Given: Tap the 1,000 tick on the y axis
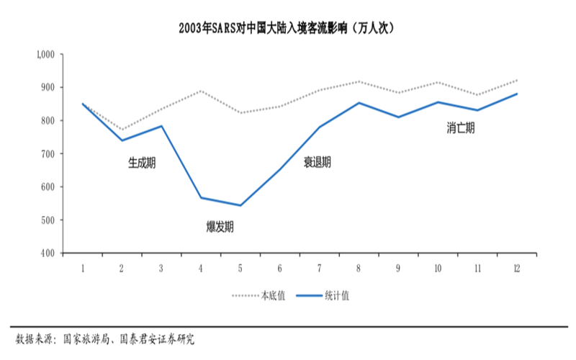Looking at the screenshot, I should pyautogui.click(x=46, y=54).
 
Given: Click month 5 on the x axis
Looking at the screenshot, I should pyautogui.click(x=240, y=268).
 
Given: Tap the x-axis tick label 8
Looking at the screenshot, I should pyautogui.click(x=359, y=268).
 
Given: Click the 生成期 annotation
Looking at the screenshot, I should pyautogui.click(x=142, y=163).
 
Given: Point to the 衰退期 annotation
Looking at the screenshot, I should pyautogui.click(x=317, y=163).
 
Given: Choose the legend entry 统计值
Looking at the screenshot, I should pyautogui.click(x=339, y=295).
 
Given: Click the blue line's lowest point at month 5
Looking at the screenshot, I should pyautogui.click(x=240, y=205).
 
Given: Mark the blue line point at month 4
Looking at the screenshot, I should pyautogui.click(x=201, y=197).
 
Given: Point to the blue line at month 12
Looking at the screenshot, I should pyautogui.click(x=516, y=94).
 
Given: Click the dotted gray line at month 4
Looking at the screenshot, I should pyautogui.click(x=201, y=91).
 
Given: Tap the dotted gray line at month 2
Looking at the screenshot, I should pyautogui.click(x=122, y=130).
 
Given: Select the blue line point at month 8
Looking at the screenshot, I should pyautogui.click(x=359, y=102).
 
